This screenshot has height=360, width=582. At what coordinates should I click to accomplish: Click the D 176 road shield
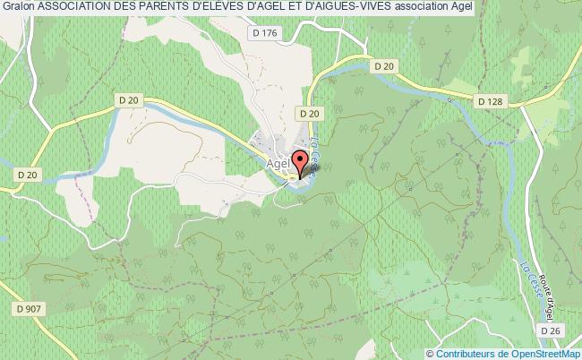coord(264,33)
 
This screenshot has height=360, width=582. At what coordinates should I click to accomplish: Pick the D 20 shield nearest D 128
coord(386,65)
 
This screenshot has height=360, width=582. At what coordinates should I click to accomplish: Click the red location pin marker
coord(301,162)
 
